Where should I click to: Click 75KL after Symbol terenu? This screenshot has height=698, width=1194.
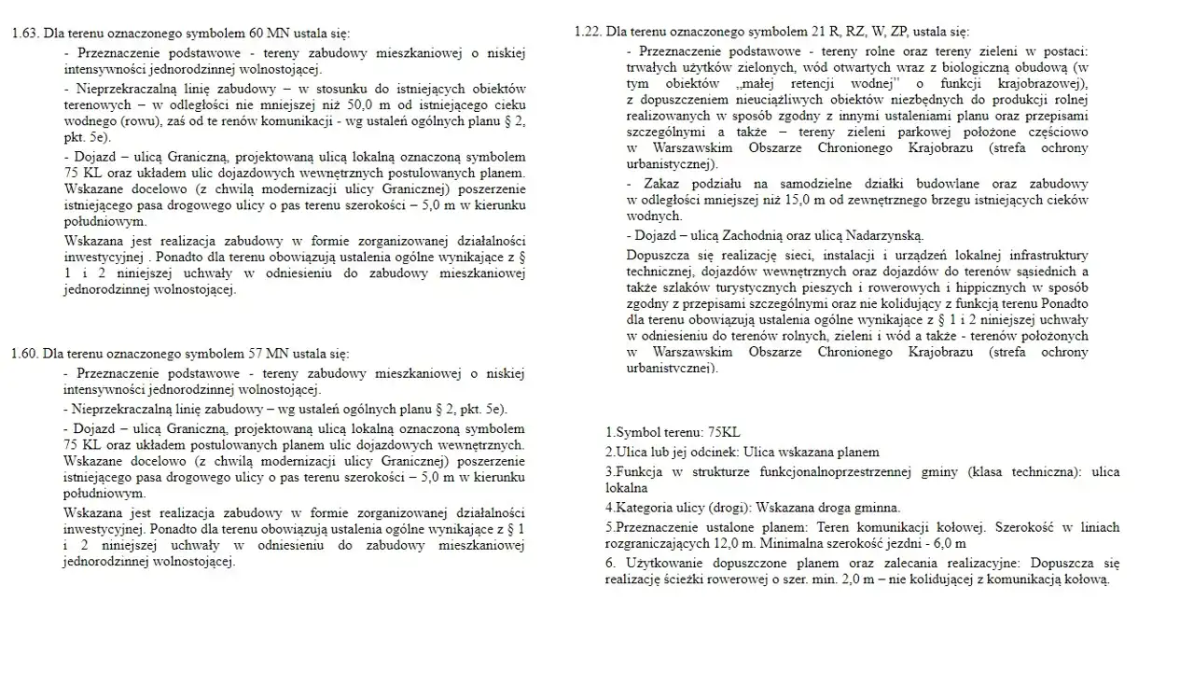[724, 432]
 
